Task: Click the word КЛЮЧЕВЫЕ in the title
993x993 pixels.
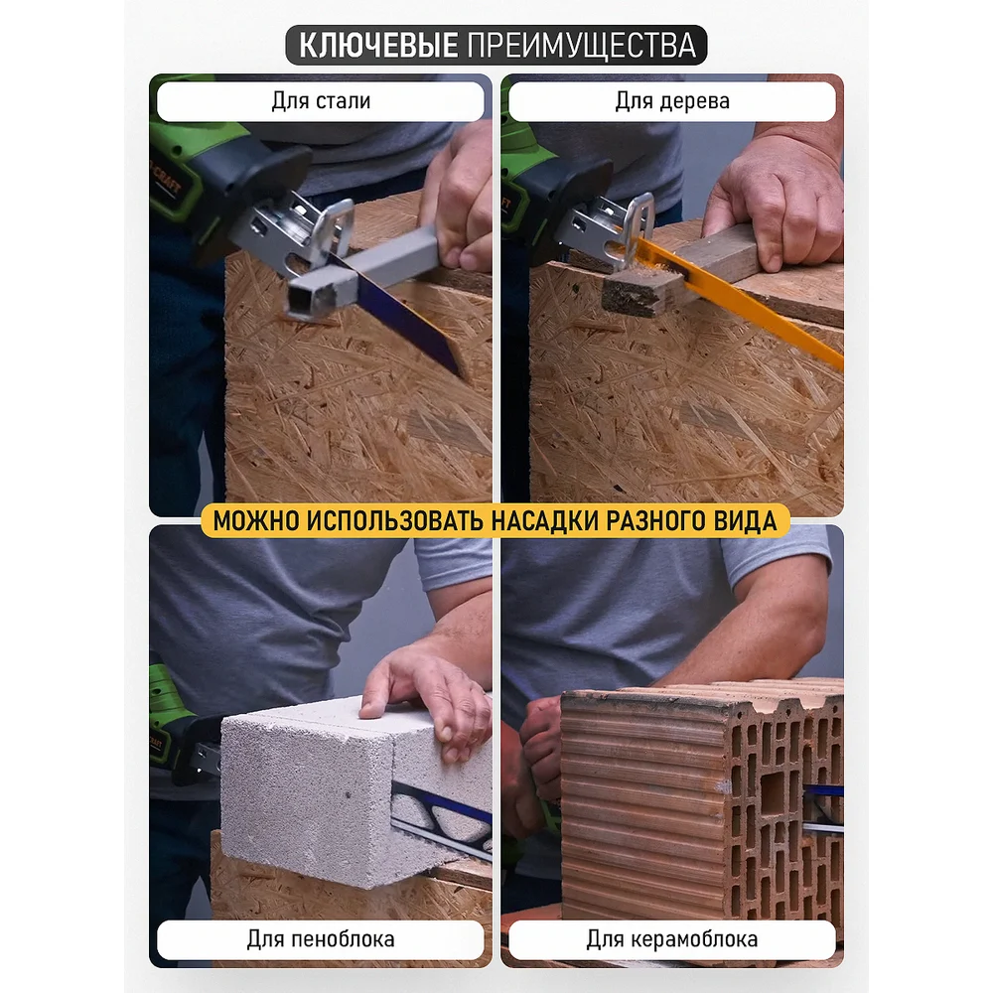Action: point(378,45)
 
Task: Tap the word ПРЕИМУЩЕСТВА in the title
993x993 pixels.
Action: point(582,46)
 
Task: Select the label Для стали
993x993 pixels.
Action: point(321,100)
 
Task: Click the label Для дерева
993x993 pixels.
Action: point(672,100)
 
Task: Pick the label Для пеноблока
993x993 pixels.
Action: point(321,938)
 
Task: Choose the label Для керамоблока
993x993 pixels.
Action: point(672,938)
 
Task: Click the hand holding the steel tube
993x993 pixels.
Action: point(460,203)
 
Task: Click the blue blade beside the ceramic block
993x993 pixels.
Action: point(823,790)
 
